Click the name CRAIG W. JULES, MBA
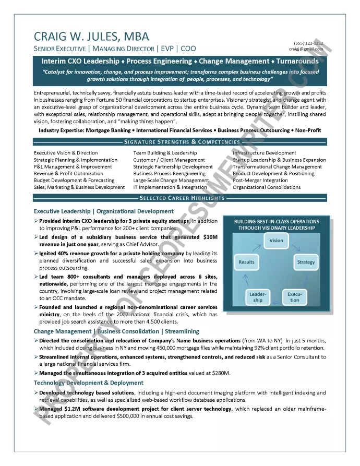(x=91, y=36)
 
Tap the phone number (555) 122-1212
(x=308, y=43)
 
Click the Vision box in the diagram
(x=277, y=241)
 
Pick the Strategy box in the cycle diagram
(x=306, y=262)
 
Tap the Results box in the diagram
(x=246, y=262)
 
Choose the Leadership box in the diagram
(x=258, y=297)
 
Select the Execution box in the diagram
(x=295, y=297)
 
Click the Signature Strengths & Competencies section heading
(x=182, y=142)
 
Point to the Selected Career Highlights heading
(x=182, y=198)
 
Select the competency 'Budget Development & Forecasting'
(x=74, y=180)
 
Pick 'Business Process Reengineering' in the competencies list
(x=169, y=173)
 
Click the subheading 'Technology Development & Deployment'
(x=89, y=383)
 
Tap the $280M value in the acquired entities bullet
(x=221, y=373)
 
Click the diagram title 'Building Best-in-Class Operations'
(x=277, y=221)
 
